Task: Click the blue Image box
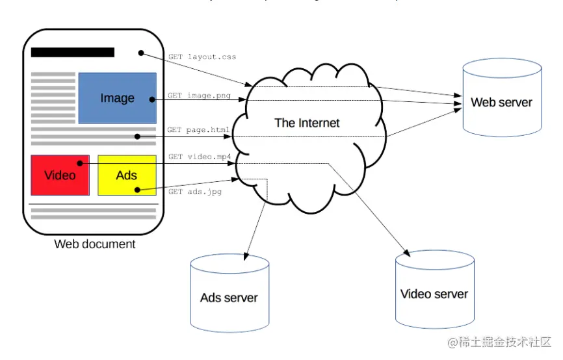pyautogui.click(x=117, y=97)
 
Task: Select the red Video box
pyautogui.click(x=60, y=175)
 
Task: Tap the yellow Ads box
pyautogui.click(x=127, y=175)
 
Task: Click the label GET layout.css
pyautogui.click(x=202, y=57)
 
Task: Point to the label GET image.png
pyautogui.click(x=200, y=96)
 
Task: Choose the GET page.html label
pyautogui.click(x=198, y=130)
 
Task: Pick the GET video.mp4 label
pyautogui.click(x=200, y=157)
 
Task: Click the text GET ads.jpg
pyautogui.click(x=195, y=192)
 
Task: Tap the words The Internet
pyautogui.click(x=307, y=123)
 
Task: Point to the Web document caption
pyautogui.click(x=95, y=244)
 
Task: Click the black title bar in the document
pyautogui.click(x=72, y=53)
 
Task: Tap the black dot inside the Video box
pyautogui.click(x=80, y=164)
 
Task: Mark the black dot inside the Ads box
pyautogui.click(x=137, y=190)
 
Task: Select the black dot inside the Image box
pyautogui.click(x=151, y=99)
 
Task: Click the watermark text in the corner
pyautogui.click(x=498, y=342)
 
